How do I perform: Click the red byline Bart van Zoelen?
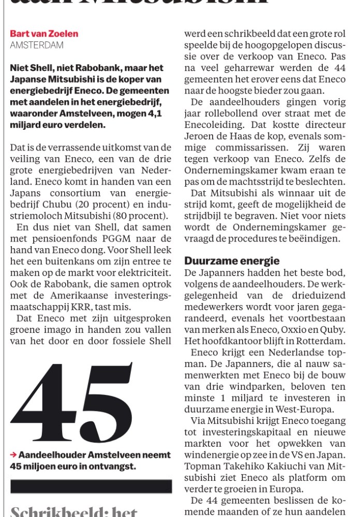pyautogui.click(x=44, y=34)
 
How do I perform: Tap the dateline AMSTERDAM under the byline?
pyautogui.click(x=37, y=45)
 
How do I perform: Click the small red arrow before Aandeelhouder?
pyautogui.click(x=13, y=455)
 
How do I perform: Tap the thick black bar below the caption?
pyautogui.click(x=91, y=486)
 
